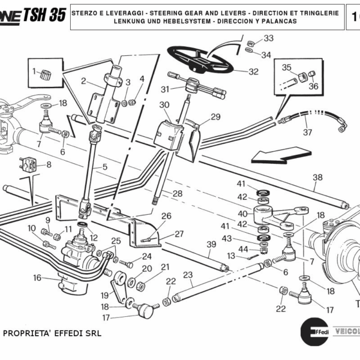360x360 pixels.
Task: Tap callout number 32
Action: click(x=253, y=71)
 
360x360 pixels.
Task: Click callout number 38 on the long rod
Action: click(x=317, y=177)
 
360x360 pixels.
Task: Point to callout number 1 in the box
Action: click(x=35, y=71)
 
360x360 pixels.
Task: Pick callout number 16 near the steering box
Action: click(x=37, y=278)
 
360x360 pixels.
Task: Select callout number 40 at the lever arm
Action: click(x=242, y=213)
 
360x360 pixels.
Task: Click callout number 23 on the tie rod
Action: click(x=188, y=275)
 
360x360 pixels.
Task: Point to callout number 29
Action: click(x=215, y=116)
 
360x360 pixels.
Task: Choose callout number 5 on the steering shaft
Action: click(x=104, y=167)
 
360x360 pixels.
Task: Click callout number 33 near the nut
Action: click(x=268, y=38)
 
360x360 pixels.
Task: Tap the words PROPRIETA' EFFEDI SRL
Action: click(x=53, y=332)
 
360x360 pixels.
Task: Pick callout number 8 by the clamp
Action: click(x=48, y=164)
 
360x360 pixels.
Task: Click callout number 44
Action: click(x=243, y=248)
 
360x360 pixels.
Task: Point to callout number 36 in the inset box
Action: click(x=313, y=85)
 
